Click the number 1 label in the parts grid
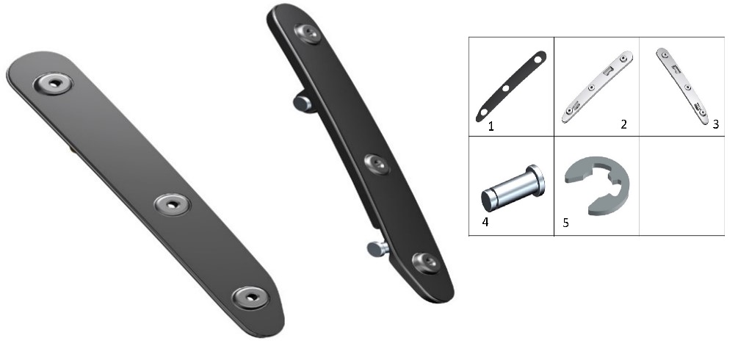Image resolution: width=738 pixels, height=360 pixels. pos(491,126)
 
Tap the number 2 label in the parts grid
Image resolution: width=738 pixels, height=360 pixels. pos(623,124)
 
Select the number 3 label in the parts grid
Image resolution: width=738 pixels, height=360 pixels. pos(715,124)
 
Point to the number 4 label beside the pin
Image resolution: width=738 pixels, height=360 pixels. pos(485,221)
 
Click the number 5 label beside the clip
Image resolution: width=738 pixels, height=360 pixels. pos(565,223)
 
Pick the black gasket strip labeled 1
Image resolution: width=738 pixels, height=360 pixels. pos(511,86)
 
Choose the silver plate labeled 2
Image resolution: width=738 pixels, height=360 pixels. pos(597,87)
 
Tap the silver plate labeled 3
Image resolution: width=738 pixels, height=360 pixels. pos(682,86)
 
